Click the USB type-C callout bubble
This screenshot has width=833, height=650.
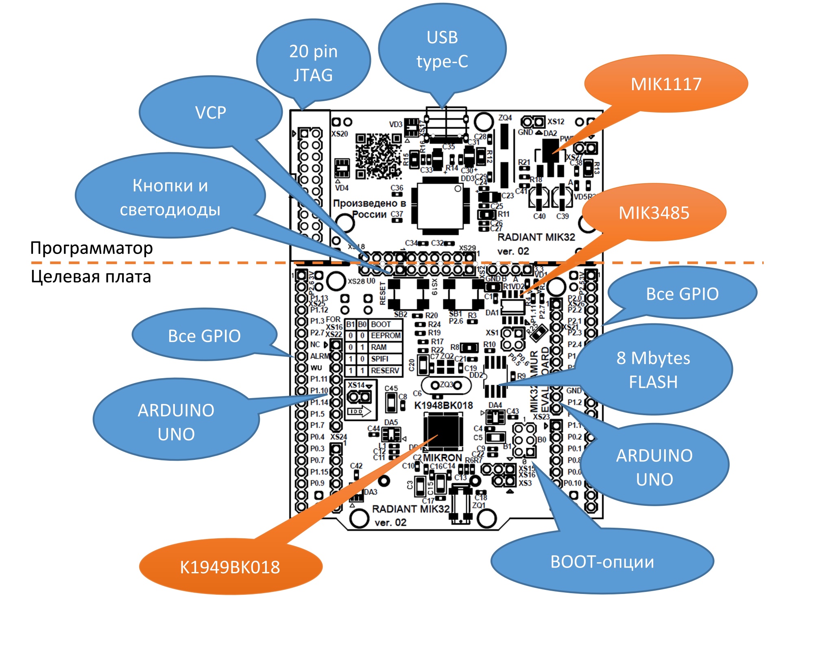point(442,49)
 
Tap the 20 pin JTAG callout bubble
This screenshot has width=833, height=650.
point(313,63)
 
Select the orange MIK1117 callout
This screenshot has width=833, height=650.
point(666,84)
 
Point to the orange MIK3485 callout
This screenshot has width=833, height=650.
point(654,213)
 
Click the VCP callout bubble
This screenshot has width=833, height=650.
point(210,113)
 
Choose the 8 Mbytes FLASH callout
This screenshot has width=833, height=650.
point(653,370)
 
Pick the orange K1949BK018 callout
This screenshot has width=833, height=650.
point(230,567)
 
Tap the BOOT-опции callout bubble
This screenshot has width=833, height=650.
point(602,562)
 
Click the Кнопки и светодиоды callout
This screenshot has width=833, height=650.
point(170,197)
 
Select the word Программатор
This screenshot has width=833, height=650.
point(92,248)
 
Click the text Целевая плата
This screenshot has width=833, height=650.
point(91,277)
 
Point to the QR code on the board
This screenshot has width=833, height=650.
point(379,156)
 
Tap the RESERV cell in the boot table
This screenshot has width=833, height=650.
point(385,371)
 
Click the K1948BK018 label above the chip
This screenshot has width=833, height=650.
point(443,405)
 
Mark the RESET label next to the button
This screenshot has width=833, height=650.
point(382,293)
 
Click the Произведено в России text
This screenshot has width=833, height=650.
point(369,208)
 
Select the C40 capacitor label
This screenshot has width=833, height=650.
point(539,217)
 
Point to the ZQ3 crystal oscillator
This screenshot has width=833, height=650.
point(446,385)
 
